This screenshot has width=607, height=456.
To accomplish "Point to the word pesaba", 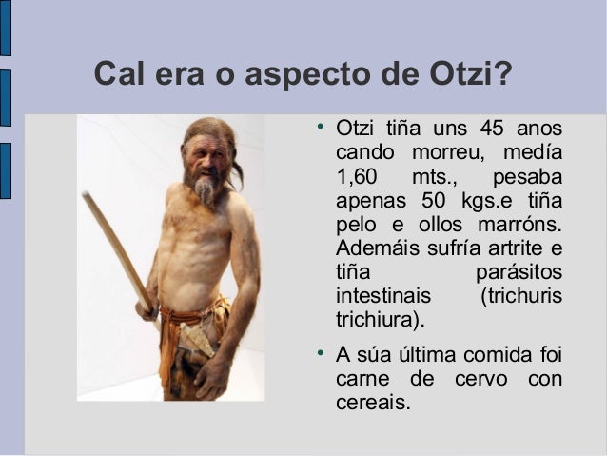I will (x=527, y=178).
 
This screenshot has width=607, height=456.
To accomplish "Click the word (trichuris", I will (x=522, y=296).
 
